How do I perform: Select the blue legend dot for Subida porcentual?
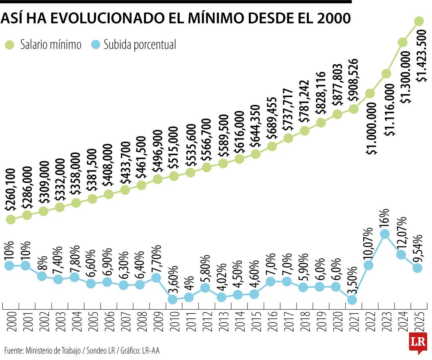[96, 45]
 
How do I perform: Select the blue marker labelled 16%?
[385, 234]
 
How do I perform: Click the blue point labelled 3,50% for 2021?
[352, 300]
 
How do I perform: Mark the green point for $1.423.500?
[419, 21]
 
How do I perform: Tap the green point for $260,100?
[11, 219]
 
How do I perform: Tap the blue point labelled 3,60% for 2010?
[173, 299]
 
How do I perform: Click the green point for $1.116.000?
[386, 74]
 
